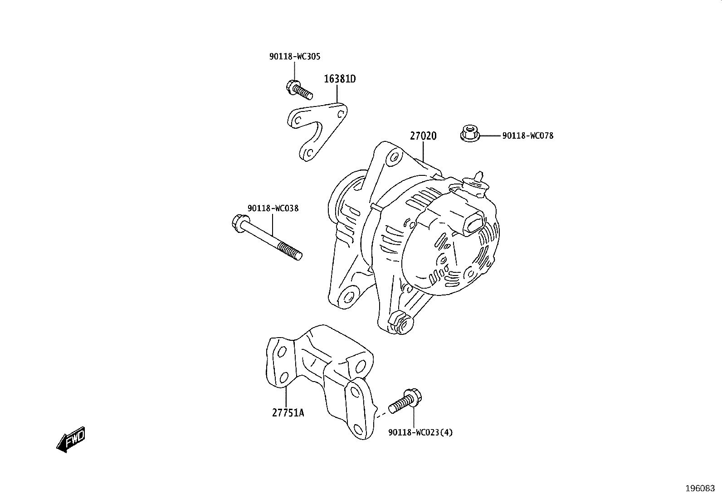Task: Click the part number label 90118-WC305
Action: (295, 57)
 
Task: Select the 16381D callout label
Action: (340, 79)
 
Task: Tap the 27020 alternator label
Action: (423, 136)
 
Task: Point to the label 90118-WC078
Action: (527, 136)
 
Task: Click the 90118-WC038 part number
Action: (273, 208)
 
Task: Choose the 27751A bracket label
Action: (288, 413)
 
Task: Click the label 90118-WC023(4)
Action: (420, 433)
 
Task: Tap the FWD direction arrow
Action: (71, 440)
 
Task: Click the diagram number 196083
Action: (700, 488)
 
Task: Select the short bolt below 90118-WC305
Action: (299, 90)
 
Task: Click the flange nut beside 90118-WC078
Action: (470, 133)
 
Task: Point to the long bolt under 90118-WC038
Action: (267, 237)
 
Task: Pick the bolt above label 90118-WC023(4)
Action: (405, 401)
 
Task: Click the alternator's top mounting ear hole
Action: (394, 157)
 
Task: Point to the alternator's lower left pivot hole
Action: (349, 297)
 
